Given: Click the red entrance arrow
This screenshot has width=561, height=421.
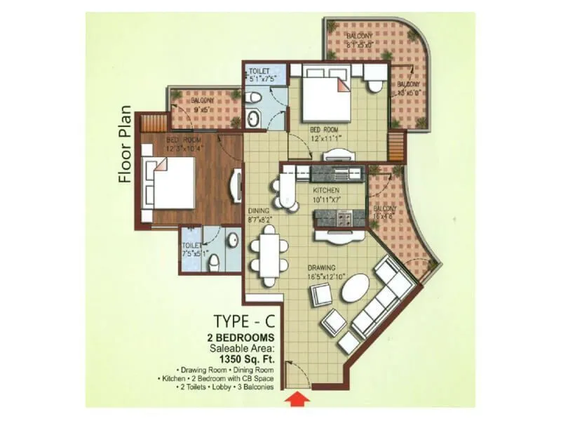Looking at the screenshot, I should click(x=298, y=400).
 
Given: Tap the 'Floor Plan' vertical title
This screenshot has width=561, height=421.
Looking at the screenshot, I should click(x=126, y=144).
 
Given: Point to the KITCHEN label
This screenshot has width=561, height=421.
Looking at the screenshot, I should click(x=327, y=190).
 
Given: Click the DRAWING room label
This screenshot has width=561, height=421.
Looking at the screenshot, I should click(x=320, y=267).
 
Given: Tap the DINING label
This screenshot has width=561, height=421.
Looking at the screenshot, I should click(x=259, y=210).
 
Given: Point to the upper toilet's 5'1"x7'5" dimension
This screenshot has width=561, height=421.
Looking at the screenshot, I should click(x=265, y=80).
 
